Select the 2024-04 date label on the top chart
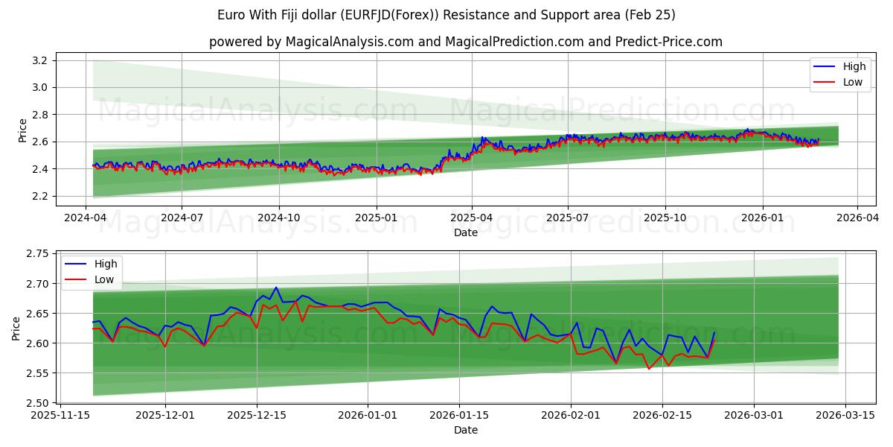[86, 218]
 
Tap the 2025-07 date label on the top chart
[568, 218]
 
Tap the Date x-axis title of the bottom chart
[466, 430]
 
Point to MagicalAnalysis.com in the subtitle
[350, 42]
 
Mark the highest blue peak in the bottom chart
[276, 287]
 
